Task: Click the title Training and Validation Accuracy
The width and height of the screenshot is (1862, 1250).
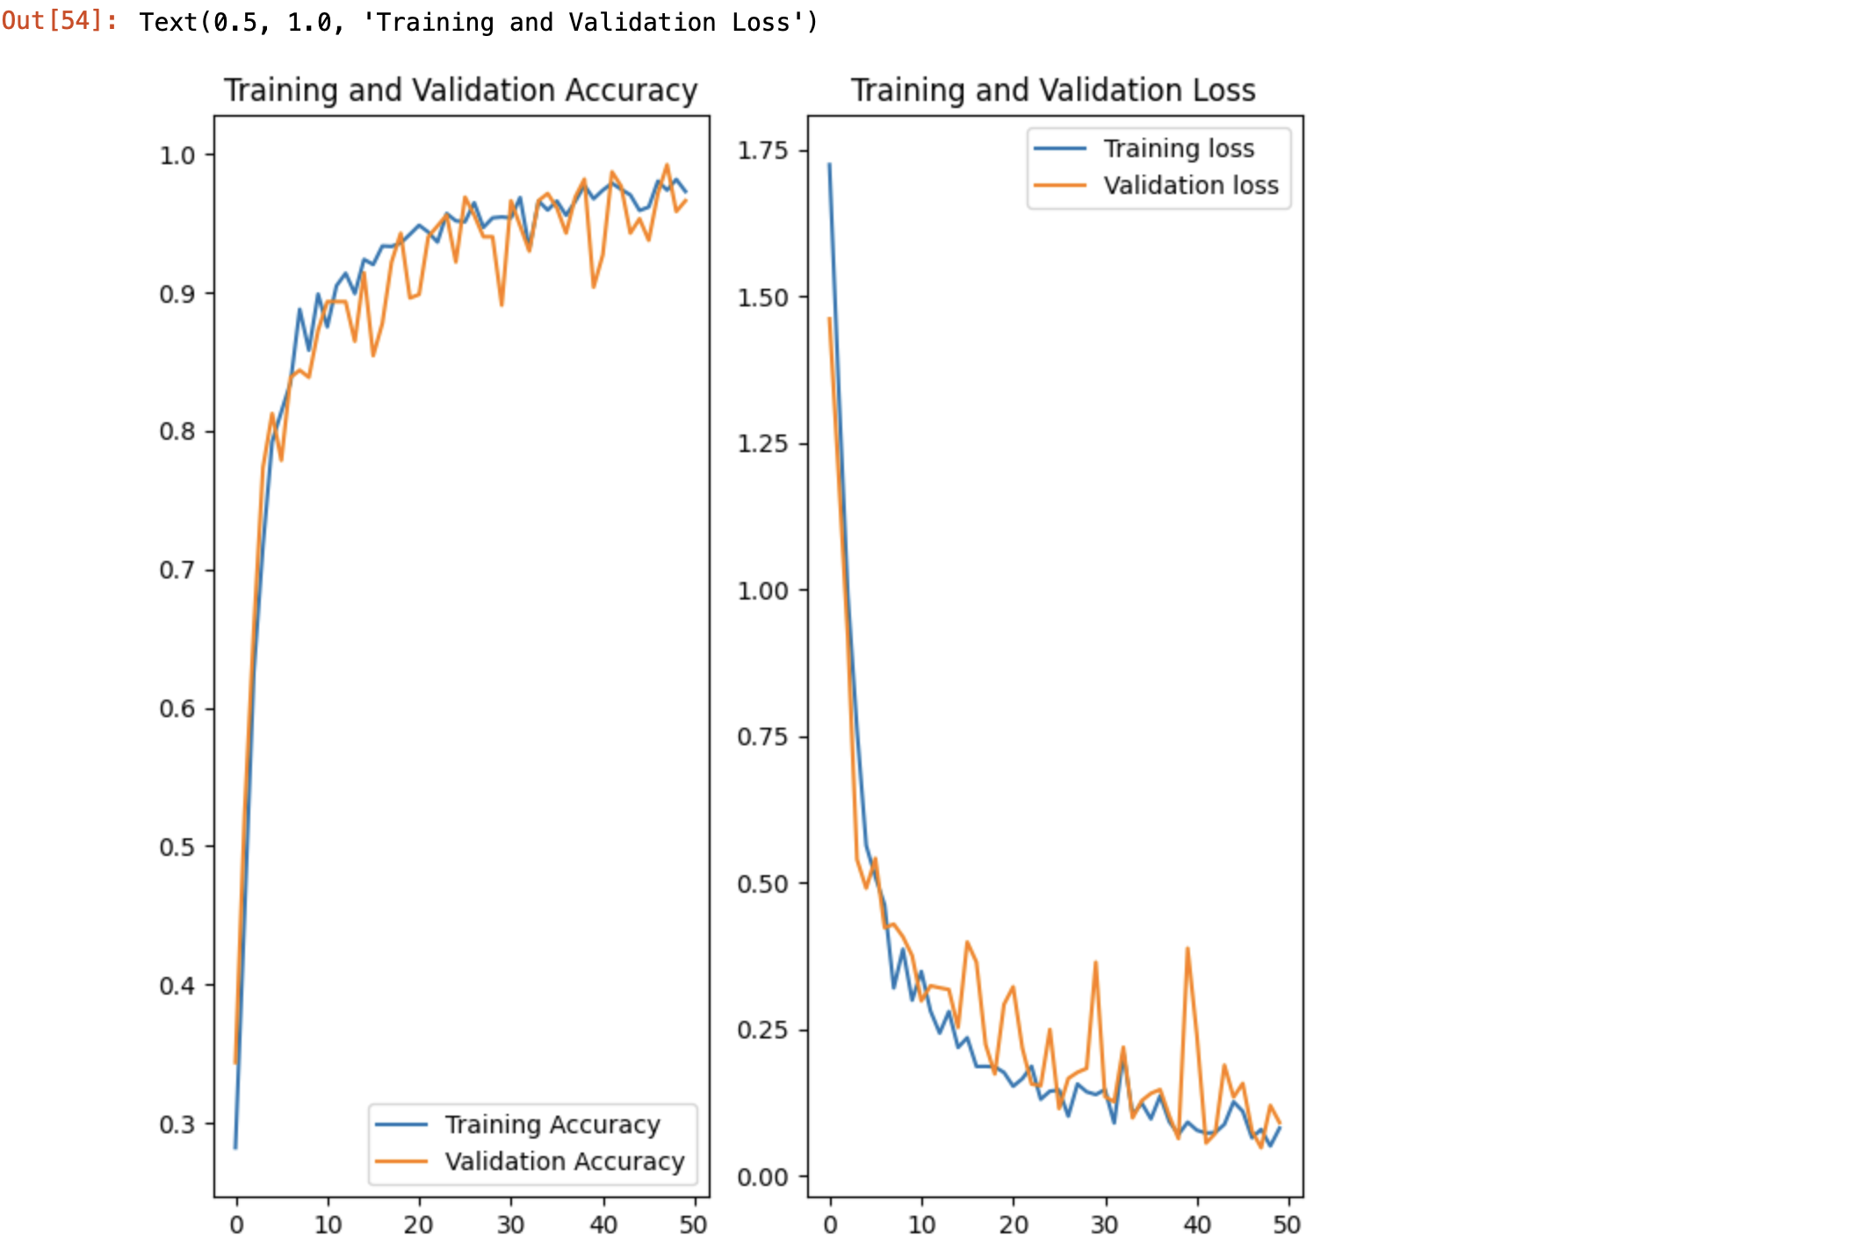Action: coord(460,90)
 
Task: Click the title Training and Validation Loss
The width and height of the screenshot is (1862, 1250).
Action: coord(1053,90)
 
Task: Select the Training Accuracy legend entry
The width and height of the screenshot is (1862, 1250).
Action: coord(552,1124)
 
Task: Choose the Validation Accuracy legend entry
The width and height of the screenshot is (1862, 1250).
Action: coord(564,1161)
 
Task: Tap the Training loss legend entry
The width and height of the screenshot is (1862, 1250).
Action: coord(1179,148)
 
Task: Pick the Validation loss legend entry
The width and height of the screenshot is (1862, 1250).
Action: coord(1191,185)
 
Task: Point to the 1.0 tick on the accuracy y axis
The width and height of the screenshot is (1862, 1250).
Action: coord(177,155)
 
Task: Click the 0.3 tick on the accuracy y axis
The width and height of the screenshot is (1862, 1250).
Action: coord(177,1124)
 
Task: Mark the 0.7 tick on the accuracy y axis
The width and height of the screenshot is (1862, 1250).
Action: coord(177,571)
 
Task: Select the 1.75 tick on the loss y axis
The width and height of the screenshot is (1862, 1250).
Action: coord(762,151)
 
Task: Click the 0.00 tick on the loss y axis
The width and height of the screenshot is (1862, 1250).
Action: coord(762,1177)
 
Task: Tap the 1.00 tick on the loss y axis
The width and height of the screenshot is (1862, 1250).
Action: coord(762,591)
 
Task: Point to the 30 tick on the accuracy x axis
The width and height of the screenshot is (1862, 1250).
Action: coord(510,1225)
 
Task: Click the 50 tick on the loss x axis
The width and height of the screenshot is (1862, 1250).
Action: coord(1287,1225)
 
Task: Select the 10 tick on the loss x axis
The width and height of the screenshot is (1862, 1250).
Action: coord(921,1225)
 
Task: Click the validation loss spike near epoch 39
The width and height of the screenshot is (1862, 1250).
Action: coord(1187,949)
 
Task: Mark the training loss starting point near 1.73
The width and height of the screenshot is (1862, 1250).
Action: coord(829,164)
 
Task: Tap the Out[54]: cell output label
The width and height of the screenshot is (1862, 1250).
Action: coord(59,21)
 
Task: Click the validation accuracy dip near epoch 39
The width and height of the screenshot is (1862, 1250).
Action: coord(594,286)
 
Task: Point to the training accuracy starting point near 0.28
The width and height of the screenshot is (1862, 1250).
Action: coord(235,1147)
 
